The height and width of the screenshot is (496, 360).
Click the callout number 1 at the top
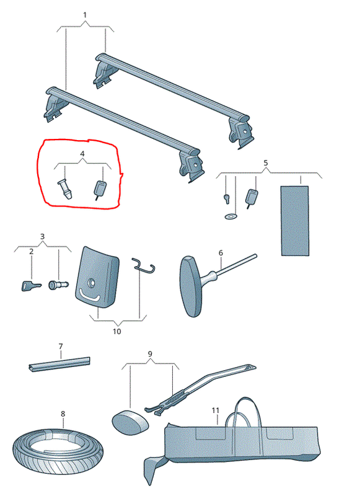(85, 15)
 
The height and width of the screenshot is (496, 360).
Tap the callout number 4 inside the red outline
(82, 154)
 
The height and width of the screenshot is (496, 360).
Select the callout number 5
(265, 162)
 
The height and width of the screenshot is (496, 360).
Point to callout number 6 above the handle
(221, 253)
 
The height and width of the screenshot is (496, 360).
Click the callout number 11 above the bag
(215, 410)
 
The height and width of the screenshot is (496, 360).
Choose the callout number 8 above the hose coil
(63, 414)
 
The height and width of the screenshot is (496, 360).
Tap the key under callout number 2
(31, 286)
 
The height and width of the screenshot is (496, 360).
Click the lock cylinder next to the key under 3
(58, 285)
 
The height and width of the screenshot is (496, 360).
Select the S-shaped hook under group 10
(144, 265)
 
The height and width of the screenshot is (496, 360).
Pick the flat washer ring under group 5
(230, 216)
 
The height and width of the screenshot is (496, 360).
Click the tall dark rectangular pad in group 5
(295, 221)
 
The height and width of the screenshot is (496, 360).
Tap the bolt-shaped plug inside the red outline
(65, 189)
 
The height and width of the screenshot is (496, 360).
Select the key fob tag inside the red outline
(100, 190)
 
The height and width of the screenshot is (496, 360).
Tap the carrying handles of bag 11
(244, 411)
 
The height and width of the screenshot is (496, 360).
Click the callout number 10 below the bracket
(116, 331)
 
